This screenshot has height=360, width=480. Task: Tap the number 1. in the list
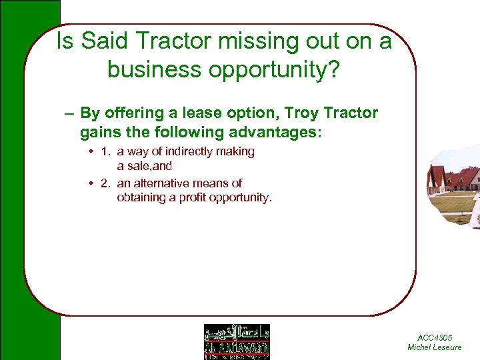pos(105,152)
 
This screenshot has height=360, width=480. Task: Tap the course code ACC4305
pos(434,339)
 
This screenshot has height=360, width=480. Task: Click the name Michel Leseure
pos(434,347)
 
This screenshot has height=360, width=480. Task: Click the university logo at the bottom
pos(237,341)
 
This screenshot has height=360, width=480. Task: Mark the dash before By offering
pos(69,113)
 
